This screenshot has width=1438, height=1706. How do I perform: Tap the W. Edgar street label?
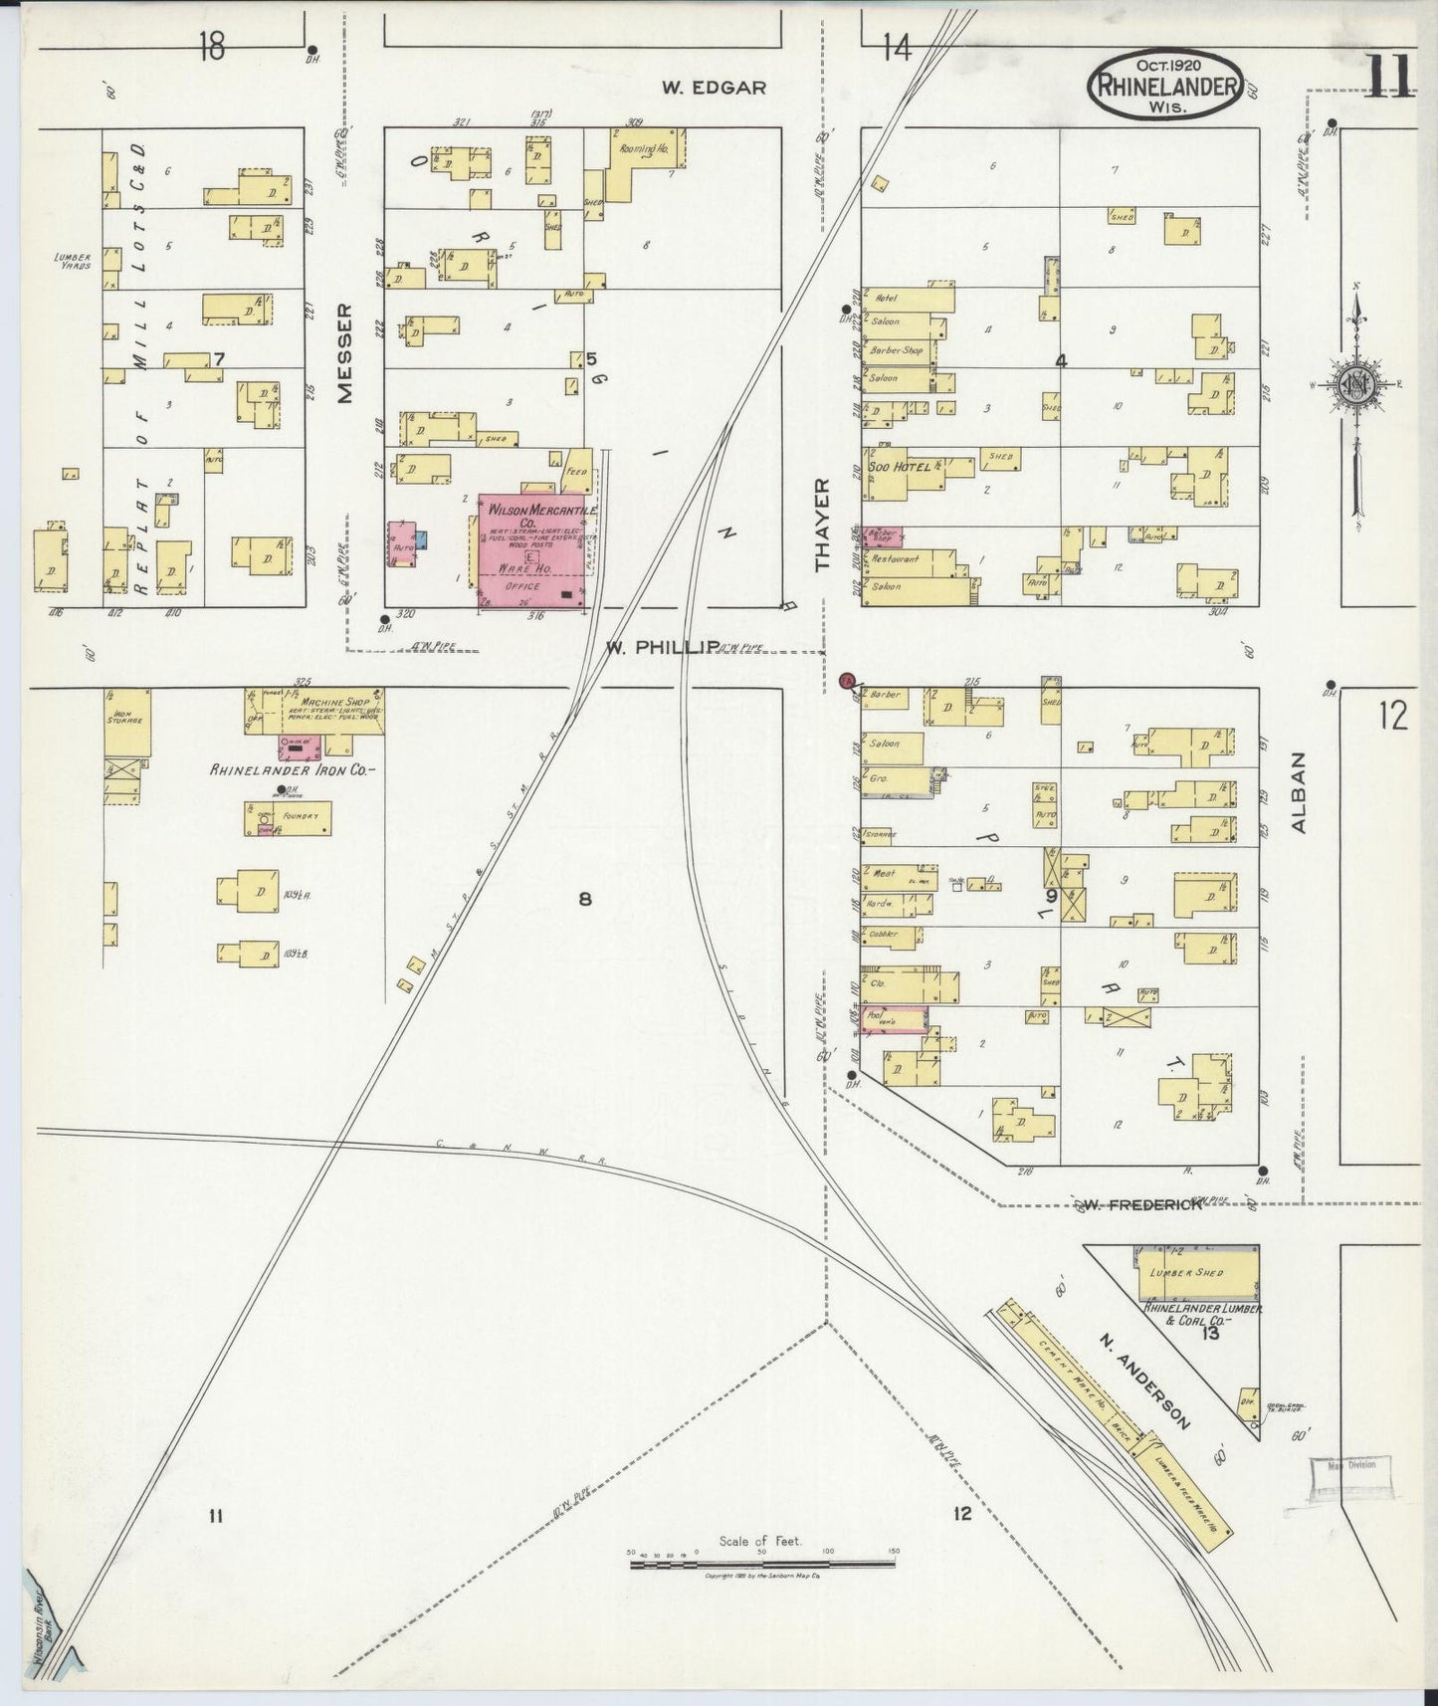[x=715, y=88]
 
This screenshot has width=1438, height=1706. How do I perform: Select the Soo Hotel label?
[x=900, y=466]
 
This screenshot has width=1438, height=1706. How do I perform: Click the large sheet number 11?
[x=1389, y=75]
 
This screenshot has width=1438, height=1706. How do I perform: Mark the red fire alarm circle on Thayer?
[x=847, y=681]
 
